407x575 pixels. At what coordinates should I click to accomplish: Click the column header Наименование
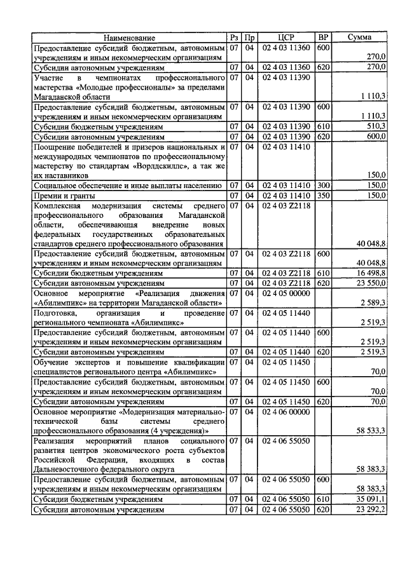coord(130,38)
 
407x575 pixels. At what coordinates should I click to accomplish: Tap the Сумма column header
coord(359,38)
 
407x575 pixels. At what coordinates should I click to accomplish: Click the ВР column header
coord(323,38)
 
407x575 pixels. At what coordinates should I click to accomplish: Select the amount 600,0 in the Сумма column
coord(374,136)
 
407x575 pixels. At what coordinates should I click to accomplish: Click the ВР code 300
coord(323,185)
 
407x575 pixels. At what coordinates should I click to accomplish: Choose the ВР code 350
coord(323,195)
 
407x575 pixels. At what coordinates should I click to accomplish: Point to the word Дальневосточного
coord(69,469)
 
